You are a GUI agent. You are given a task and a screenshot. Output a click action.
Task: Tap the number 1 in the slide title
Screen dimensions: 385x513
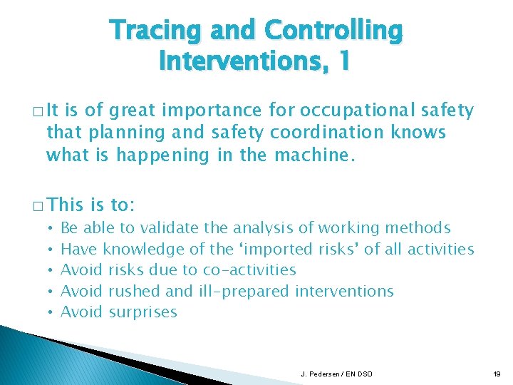click(x=343, y=61)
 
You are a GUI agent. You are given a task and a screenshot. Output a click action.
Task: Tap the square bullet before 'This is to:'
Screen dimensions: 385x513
click(x=36, y=206)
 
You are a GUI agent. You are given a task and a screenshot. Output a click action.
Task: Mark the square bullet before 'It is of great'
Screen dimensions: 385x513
click(x=36, y=111)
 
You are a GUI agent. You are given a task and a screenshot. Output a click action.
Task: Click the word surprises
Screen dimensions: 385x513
click(x=142, y=312)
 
